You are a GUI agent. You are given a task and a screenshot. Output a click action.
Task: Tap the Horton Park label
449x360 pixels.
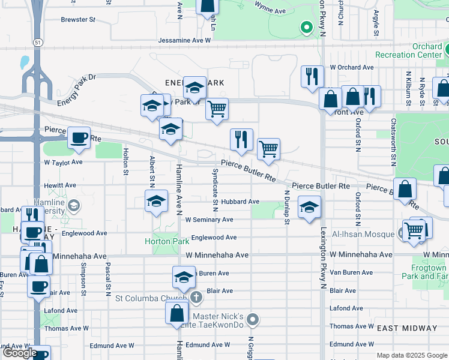click(167, 242)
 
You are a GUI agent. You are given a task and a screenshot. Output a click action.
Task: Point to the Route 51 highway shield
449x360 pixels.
click(37, 43)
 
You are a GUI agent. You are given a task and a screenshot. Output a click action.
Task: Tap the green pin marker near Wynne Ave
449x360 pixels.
click(306, 27)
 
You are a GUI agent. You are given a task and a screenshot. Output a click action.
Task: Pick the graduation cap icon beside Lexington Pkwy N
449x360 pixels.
click(309, 207)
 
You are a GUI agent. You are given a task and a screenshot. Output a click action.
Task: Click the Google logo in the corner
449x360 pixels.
click(20, 353)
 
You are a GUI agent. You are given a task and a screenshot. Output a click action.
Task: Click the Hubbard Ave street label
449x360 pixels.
click(238, 202)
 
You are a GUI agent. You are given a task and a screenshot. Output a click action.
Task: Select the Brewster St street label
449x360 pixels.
click(78, 20)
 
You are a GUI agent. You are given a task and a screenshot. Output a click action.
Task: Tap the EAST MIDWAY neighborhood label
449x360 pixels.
click(408, 328)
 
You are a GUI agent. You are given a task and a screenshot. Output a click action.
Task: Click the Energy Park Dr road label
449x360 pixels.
click(76, 89)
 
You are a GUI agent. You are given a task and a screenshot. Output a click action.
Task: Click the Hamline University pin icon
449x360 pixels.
click(73, 206)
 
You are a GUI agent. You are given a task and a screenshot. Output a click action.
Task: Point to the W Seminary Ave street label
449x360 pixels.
click(209, 220)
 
